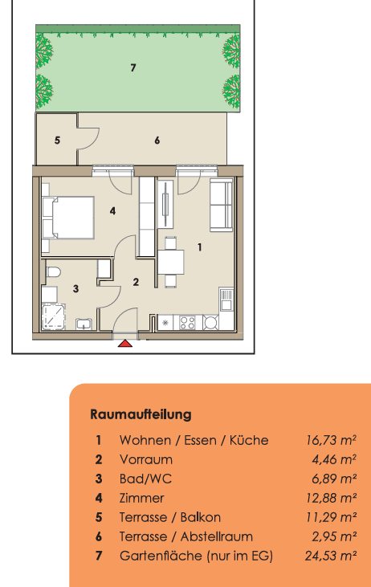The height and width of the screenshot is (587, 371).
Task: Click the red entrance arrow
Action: pos(125,344)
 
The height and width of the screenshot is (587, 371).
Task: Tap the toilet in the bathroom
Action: pos(54,272)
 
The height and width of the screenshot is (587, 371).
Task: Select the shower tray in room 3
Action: pos(53,317)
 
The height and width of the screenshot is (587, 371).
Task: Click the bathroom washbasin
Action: pos(84,324)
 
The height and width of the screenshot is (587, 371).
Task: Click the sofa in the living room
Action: pos(222,205)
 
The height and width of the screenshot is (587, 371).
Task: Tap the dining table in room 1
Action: pos(171,263)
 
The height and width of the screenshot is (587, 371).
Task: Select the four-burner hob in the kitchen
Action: pos(187,323)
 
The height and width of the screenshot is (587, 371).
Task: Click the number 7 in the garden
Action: pos(133,67)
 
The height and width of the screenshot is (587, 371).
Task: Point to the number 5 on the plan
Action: pos(57,141)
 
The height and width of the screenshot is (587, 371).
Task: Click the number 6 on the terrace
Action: pos(157,141)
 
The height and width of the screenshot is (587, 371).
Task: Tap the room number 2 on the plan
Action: pos(136,282)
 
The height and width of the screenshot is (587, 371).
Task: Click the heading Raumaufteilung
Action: pos(141,414)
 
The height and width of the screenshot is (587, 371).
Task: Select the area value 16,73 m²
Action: pos(332,440)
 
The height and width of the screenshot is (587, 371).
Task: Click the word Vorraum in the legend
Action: pos(146,459)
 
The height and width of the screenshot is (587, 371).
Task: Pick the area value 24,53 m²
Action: pos(331,556)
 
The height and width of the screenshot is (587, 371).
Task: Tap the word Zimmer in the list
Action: pos(141,499)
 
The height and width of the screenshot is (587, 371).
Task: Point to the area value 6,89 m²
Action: pos(334,479)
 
